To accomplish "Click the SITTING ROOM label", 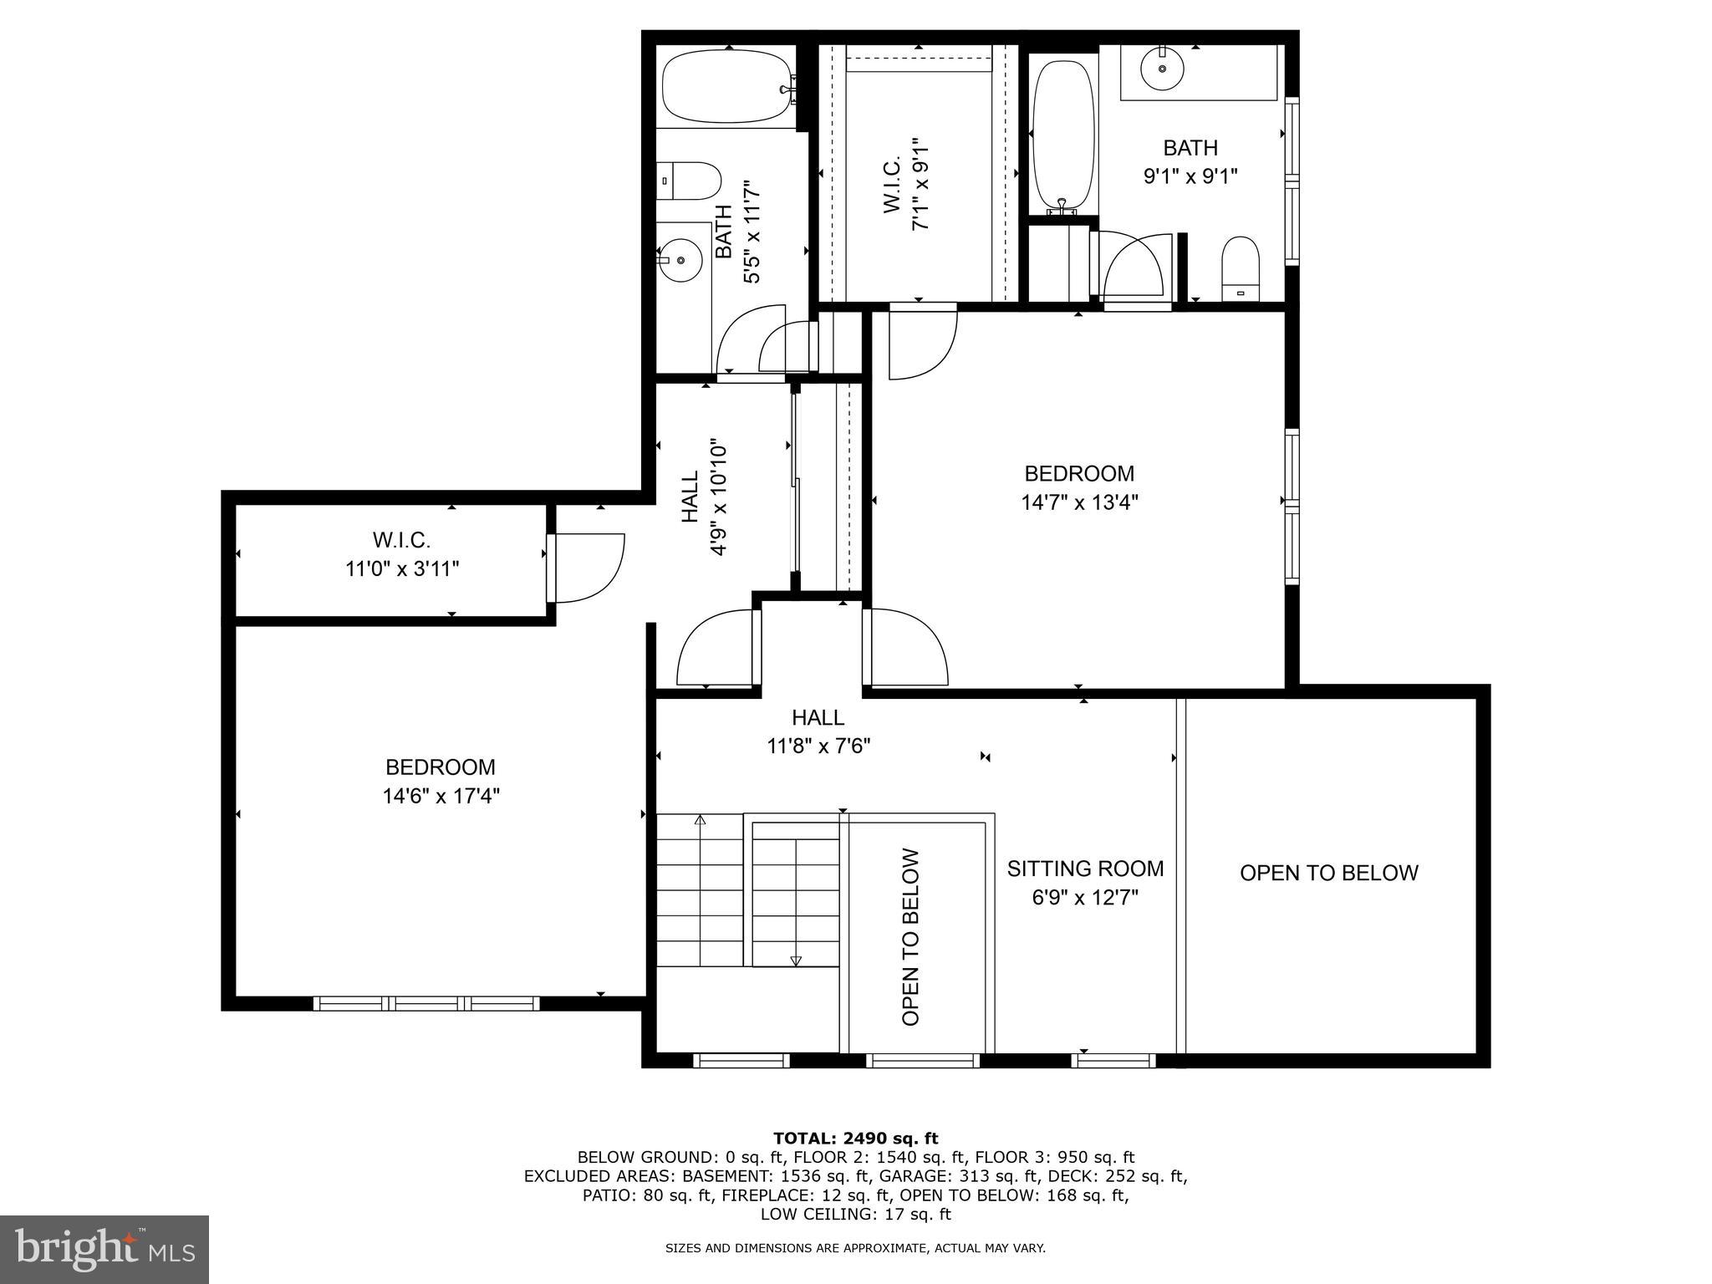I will click(x=1085, y=869).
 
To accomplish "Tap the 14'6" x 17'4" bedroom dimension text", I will click(x=441, y=796).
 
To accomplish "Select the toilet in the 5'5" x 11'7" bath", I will click(x=689, y=181).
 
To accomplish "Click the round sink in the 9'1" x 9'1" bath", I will click(x=1162, y=69).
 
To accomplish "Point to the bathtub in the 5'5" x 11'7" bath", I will click(x=725, y=88).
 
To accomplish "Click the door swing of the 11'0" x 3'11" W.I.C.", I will click(x=590, y=568).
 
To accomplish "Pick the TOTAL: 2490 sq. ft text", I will click(x=855, y=1138).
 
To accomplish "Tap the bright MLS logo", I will click(x=104, y=1249).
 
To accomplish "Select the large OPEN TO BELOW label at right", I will click(x=1328, y=873).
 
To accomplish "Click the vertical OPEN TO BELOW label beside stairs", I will click(x=911, y=937).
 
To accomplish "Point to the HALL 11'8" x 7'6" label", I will click(x=818, y=731).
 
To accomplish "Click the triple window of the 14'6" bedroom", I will click(x=426, y=1003).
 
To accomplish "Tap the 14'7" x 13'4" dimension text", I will click(x=1079, y=502).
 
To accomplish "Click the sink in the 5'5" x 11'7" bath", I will click(x=681, y=259).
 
